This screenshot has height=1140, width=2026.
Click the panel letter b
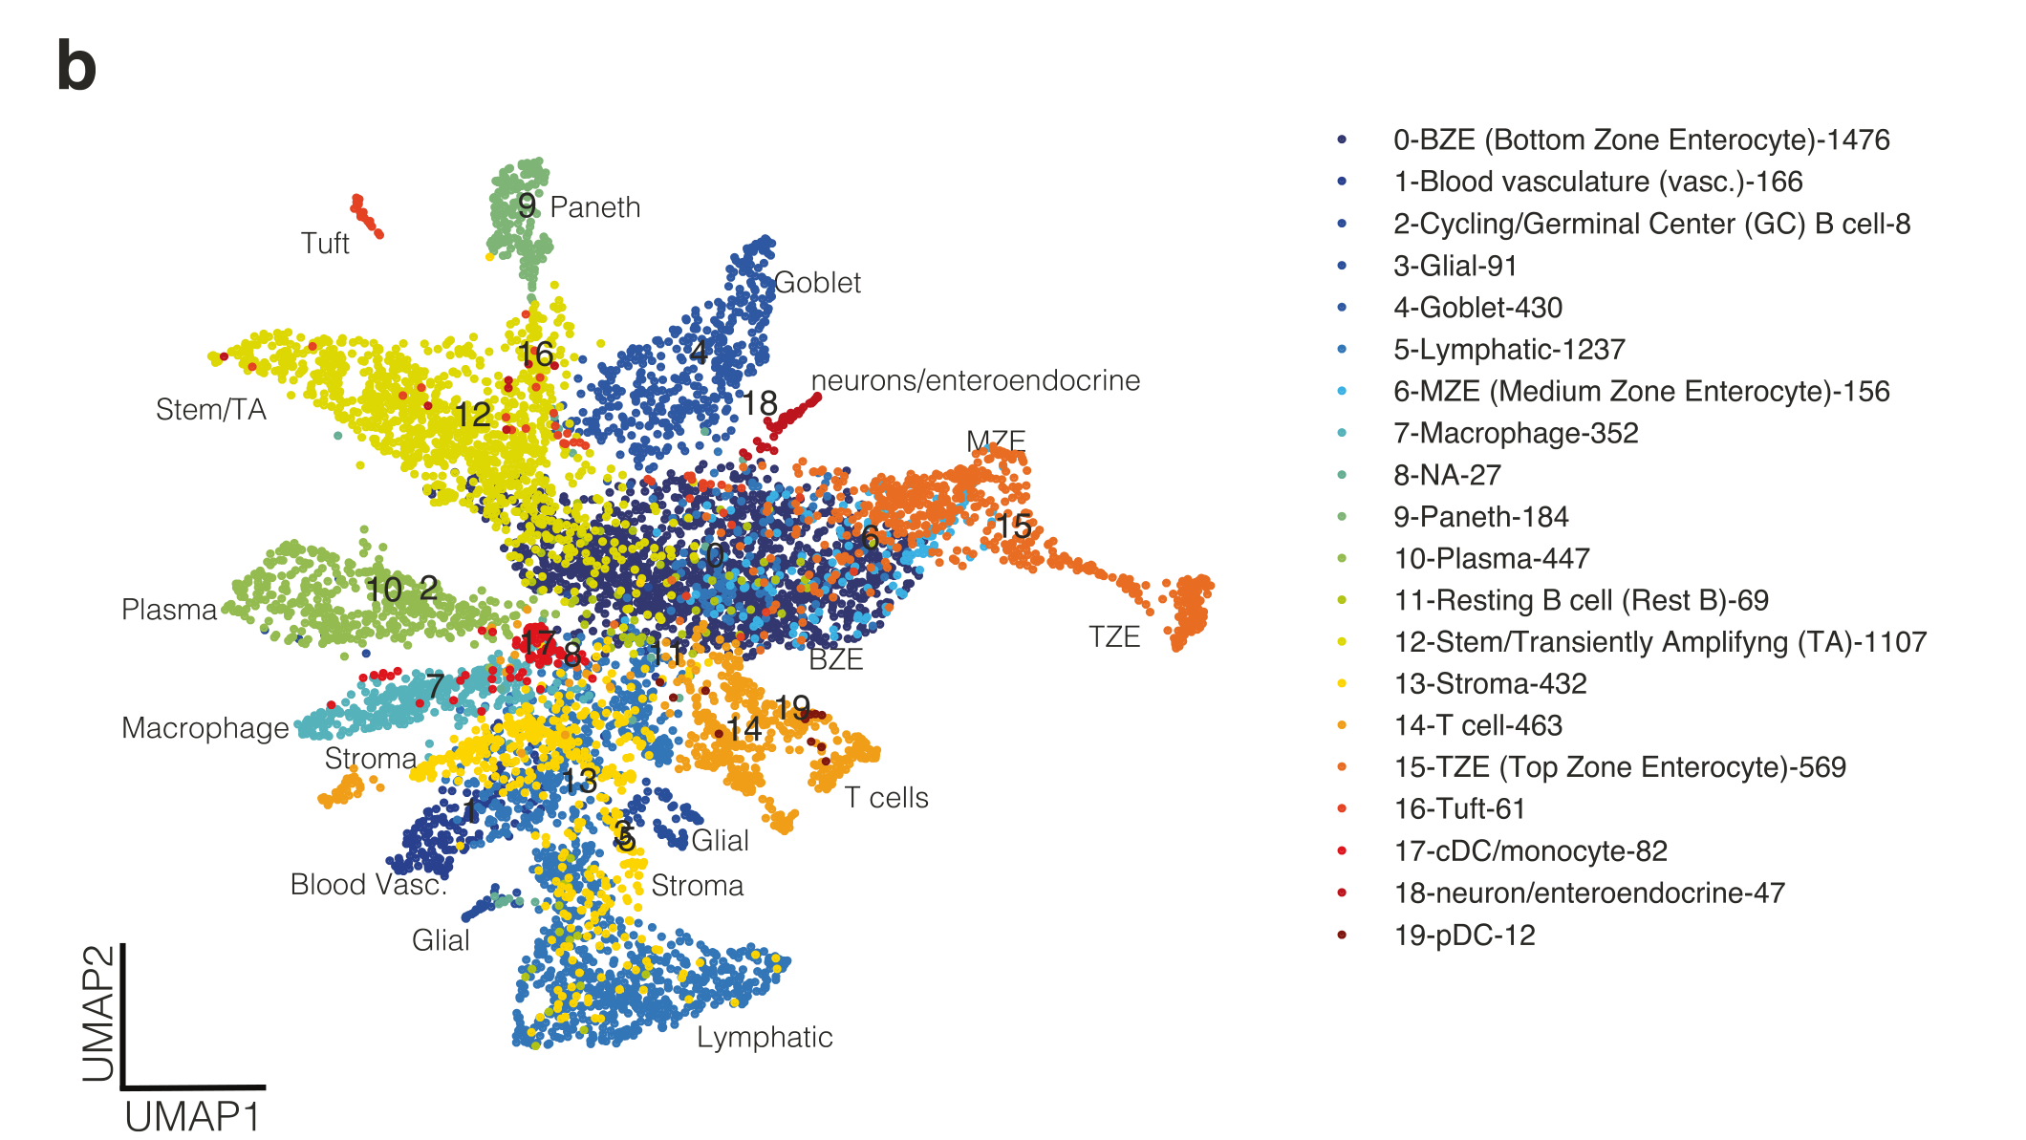(76, 67)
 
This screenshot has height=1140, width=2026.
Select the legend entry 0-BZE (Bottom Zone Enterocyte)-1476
(1641, 140)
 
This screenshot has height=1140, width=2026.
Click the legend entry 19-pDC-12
(1464, 935)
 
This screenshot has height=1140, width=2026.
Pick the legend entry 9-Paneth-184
(1480, 517)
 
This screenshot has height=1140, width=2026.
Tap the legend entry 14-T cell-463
(1477, 725)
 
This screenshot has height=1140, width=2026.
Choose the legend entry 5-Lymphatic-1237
(1509, 350)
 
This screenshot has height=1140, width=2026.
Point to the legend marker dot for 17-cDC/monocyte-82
(1343, 850)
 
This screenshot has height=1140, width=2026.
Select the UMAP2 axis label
(99, 1013)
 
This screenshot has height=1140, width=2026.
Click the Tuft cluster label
(325, 244)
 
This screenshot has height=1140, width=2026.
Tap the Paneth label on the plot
(594, 207)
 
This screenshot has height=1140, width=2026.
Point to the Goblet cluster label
(817, 283)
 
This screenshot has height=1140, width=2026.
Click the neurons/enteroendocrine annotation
(975, 380)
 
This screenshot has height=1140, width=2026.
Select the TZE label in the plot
(1114, 636)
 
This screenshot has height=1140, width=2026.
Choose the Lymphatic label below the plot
(765, 1037)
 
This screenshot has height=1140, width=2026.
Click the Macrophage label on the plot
(205, 728)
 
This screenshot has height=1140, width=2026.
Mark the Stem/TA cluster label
(211, 410)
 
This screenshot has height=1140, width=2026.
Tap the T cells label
(886, 797)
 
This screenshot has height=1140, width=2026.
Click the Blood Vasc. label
(369, 884)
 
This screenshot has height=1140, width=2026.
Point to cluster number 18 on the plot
(761, 403)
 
